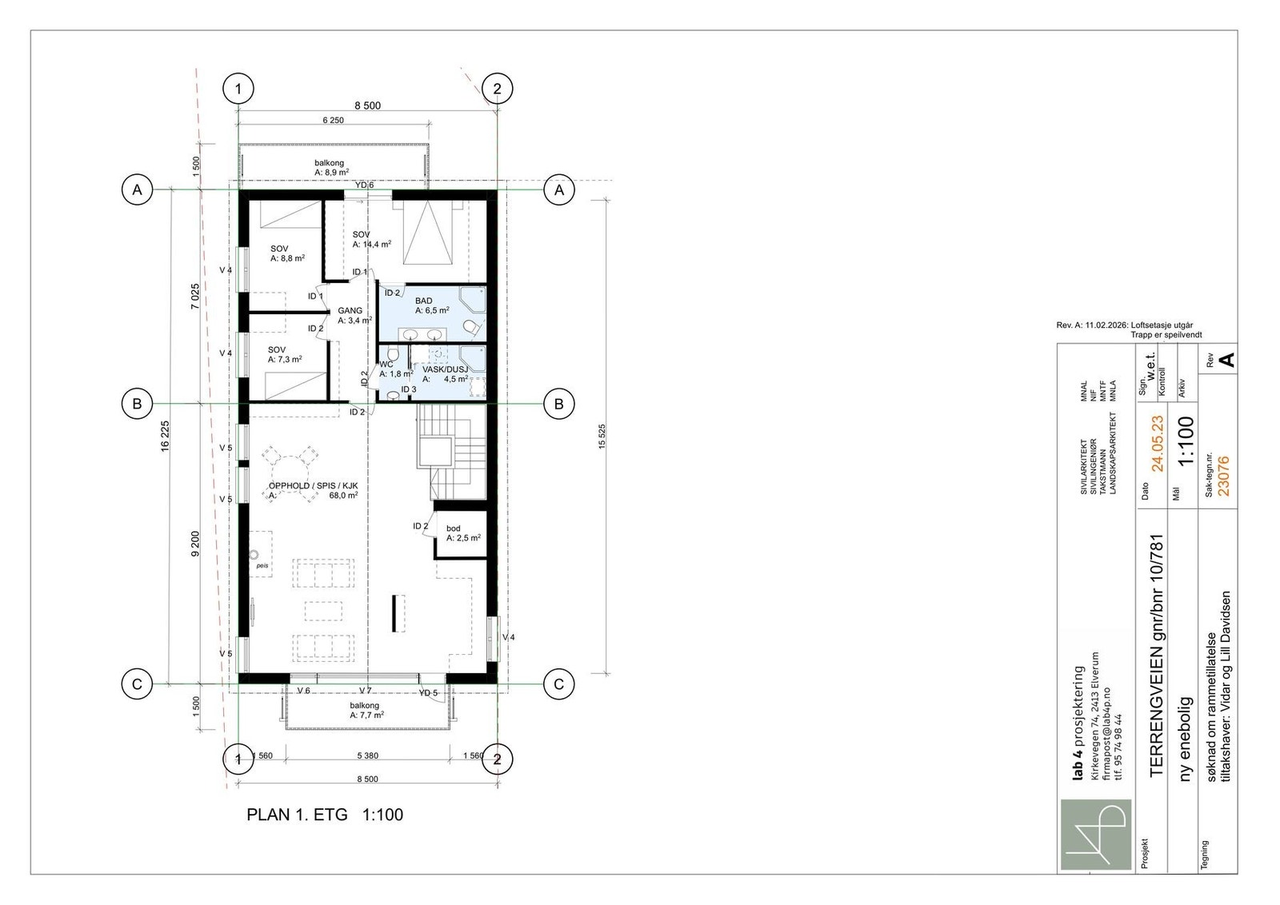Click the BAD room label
coord(423,301)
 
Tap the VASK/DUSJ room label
coord(445,369)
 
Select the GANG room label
coord(350,311)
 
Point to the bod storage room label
coord(453,528)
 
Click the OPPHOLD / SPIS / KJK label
coord(313,486)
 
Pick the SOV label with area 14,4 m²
coord(361,235)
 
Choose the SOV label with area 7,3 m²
coord(277,350)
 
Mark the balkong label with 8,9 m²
coord(329,163)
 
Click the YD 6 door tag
coord(364,185)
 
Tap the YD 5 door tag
coord(428,692)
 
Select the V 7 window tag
coord(365,690)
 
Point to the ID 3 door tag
coord(409,389)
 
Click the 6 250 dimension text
coord(333,121)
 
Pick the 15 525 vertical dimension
coord(601,437)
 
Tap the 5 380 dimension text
coord(367,756)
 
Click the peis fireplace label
coord(262,566)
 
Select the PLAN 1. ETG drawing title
coord(297,815)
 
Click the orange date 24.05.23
coord(1157,444)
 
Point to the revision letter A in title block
coord(1226,361)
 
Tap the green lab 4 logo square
coord(1096,835)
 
